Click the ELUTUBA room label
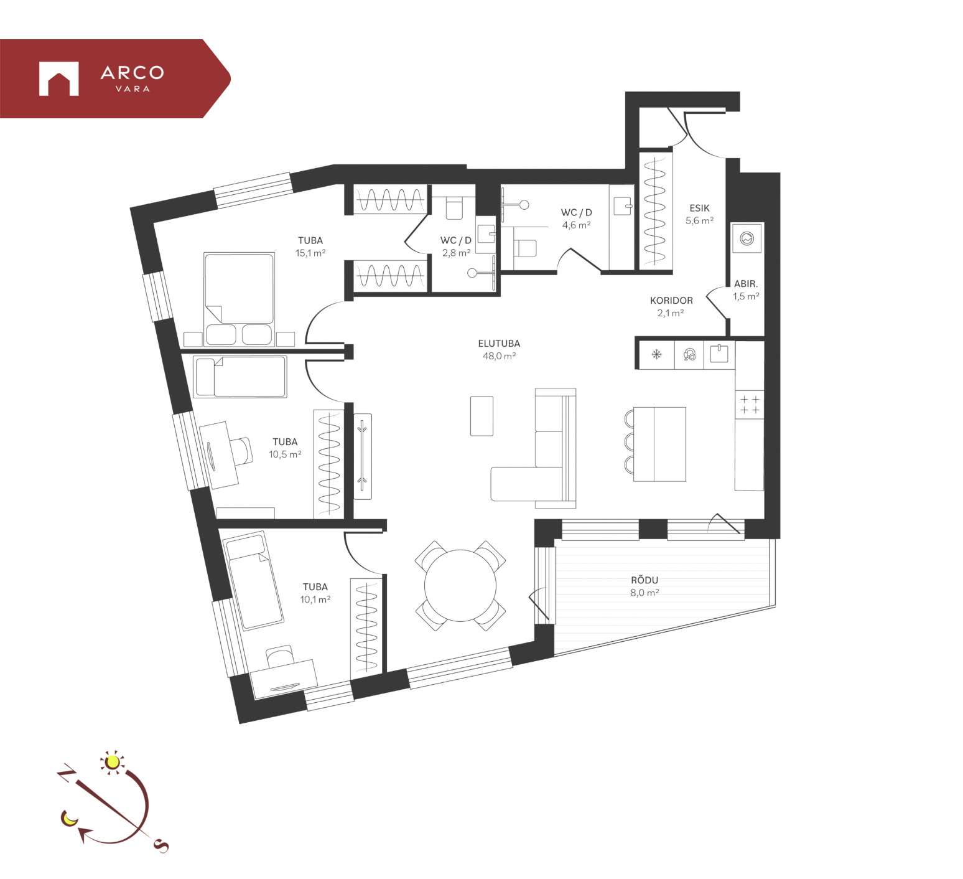499,344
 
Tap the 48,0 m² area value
499,356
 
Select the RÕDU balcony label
644,580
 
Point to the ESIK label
699,208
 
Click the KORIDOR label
671,300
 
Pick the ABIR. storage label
746,284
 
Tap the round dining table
460,586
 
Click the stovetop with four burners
750,405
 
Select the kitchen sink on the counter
719,354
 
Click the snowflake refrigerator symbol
656,355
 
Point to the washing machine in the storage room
747,238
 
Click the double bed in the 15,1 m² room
239,299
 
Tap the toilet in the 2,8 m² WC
455,208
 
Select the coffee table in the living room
482,416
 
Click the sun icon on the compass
113,762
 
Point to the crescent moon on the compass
68,818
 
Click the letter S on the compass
161,845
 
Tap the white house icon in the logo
59,78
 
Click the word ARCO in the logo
133,73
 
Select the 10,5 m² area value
285,454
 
